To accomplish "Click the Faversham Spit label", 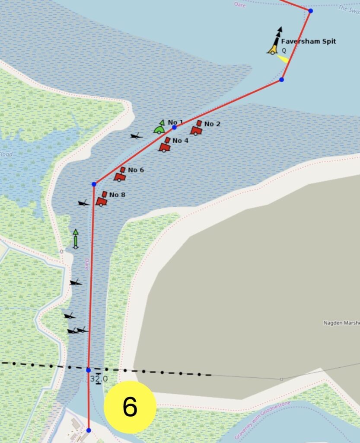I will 308,42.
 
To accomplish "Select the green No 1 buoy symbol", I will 160,128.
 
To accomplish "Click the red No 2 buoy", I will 197,128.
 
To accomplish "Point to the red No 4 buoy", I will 165,145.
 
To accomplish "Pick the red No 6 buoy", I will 120,174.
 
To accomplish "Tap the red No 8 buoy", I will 102,199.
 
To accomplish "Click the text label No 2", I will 212,124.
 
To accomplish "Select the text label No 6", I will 136,170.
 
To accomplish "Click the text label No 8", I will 117,195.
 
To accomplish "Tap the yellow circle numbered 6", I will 130,407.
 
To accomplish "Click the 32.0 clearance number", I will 99,379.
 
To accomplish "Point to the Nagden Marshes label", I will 341,323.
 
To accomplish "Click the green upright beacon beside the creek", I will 76,239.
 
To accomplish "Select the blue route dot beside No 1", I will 174,127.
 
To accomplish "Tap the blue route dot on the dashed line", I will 88,370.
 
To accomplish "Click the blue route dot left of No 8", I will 94,184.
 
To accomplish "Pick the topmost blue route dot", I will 310,10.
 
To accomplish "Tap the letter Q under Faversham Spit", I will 284,51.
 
